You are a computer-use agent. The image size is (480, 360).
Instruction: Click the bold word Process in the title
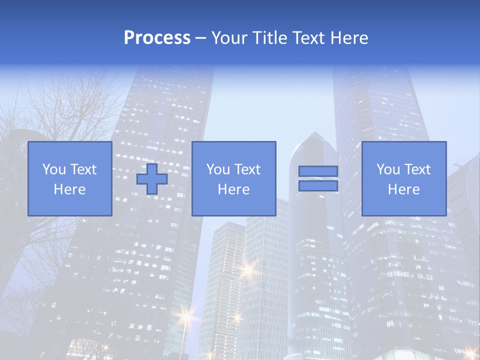157,38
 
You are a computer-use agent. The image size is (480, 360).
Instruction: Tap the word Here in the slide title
350,38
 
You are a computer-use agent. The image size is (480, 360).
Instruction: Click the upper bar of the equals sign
318,171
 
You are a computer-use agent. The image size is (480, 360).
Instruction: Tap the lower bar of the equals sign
318,186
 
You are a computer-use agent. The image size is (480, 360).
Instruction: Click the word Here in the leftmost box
69,189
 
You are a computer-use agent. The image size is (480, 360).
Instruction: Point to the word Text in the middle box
247,169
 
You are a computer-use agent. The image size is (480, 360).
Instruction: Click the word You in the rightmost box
388,169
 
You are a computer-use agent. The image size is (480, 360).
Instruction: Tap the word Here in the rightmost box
403,189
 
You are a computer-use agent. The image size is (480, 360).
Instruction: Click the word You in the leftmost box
54,169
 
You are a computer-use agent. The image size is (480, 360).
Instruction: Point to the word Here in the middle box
233,189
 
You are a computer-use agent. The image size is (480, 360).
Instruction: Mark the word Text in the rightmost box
417,169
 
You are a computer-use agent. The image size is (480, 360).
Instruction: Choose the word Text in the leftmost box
83,169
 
